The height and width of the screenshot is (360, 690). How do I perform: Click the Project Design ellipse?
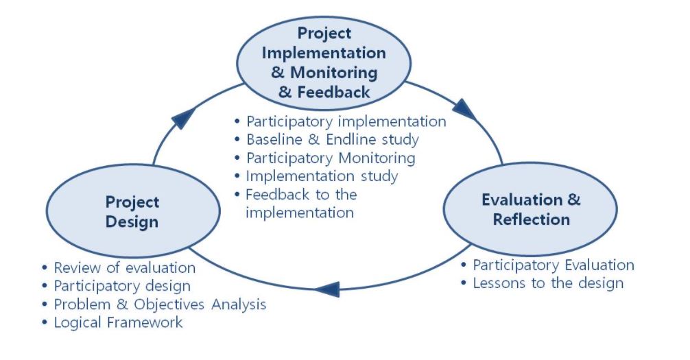133,211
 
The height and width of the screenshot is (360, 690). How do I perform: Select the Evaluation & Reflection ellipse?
530,209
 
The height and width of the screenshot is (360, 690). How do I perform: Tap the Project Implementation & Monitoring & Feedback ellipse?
324,63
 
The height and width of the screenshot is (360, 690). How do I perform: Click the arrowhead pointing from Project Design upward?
183,117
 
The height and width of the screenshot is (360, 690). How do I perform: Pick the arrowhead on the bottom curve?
327,289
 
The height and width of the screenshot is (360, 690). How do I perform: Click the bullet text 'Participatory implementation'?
346,121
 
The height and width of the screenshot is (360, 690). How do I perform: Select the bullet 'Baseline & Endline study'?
332,139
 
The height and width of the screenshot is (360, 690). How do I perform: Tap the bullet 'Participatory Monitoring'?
331,158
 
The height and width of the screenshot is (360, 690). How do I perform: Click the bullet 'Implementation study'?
322,176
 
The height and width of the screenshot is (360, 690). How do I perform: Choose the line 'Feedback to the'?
301,194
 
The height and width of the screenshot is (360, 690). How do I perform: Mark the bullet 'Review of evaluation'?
125,267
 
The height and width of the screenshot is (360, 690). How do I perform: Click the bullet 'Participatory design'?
122,286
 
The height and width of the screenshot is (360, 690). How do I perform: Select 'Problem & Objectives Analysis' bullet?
160,304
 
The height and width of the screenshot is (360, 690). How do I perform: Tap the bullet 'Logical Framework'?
118,322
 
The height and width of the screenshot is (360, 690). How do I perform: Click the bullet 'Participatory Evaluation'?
554,265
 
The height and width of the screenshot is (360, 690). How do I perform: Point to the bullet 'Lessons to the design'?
548,283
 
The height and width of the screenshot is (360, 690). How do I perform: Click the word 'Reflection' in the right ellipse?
531,219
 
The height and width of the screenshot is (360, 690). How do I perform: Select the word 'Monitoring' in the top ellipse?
334,73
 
